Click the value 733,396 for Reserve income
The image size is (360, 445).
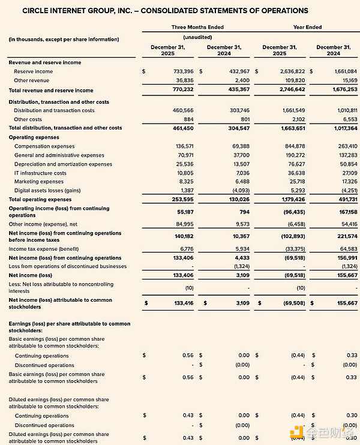coord(181,71)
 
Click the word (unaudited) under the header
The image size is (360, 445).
coord(199,37)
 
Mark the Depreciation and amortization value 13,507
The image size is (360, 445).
coord(240,164)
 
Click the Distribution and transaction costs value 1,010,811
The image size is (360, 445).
coord(344,110)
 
